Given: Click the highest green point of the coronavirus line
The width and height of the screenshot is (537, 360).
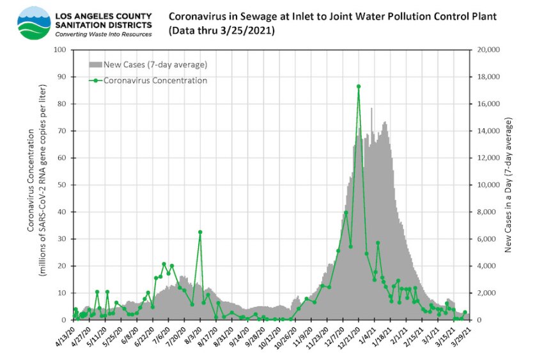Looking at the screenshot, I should pyautogui.click(x=359, y=86).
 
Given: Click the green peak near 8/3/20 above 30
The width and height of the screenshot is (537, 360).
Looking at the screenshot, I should pyautogui.click(x=200, y=232).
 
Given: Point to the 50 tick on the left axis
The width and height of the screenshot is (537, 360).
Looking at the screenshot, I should pyautogui.click(x=65, y=185).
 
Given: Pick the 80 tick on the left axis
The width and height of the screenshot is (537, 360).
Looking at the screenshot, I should pyautogui.click(x=65, y=104).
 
